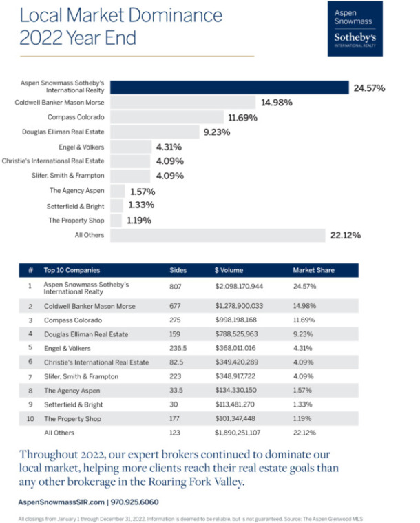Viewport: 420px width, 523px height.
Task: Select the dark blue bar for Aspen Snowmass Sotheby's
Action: coord(229,88)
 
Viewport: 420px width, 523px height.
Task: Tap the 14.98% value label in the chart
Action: coord(276,103)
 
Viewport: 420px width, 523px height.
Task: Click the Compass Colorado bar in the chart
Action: coord(167,117)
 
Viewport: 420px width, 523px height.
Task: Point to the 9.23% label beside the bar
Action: coord(216,132)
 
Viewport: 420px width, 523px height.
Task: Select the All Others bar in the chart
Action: coord(217,235)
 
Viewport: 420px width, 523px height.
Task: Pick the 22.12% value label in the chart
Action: coord(346,235)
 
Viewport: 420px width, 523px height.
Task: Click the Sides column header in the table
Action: coord(178,270)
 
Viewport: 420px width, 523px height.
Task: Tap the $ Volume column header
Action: coord(229,270)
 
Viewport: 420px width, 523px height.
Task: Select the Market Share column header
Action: coord(313,270)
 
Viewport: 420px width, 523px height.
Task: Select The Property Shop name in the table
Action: coord(73,419)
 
